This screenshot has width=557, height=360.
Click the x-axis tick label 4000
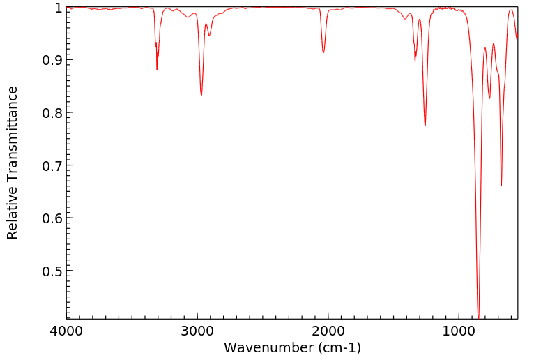(x=67, y=330)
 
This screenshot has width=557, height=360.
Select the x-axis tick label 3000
(x=197, y=330)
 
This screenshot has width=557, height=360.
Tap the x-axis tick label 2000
(x=328, y=330)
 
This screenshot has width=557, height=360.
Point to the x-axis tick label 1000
(x=459, y=330)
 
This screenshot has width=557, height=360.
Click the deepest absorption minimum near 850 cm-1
(x=478, y=317)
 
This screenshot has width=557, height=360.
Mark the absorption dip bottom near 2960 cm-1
(x=201, y=95)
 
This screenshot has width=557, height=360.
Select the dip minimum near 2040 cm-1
(x=323, y=52)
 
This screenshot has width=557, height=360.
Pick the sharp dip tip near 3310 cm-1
(x=157, y=69)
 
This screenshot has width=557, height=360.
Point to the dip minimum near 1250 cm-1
(x=425, y=126)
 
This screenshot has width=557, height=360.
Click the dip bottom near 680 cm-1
(x=501, y=185)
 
